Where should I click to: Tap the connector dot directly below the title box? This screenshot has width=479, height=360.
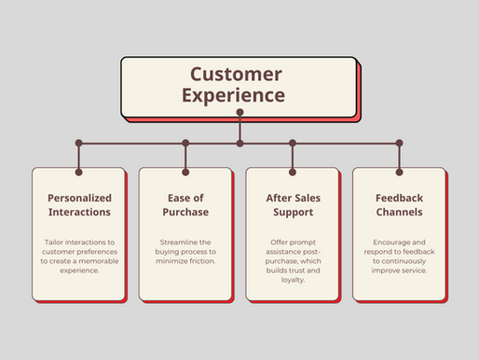click(239, 112)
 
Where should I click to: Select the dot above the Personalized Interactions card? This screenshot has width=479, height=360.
click(78, 144)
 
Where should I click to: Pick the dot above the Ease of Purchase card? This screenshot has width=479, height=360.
click(185, 144)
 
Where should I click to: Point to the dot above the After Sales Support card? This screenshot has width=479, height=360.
click(293, 144)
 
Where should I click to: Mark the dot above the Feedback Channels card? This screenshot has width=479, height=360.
click(399, 144)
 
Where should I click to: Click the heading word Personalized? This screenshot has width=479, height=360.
click(78, 199)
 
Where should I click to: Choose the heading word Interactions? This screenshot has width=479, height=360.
click(78, 213)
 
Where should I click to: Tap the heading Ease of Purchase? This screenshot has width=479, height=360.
click(185, 205)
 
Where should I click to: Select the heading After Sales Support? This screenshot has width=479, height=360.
click(293, 205)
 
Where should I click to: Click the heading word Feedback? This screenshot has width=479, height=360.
click(399, 199)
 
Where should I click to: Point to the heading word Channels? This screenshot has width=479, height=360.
click(399, 213)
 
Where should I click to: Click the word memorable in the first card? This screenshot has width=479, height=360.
click(98, 262)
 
